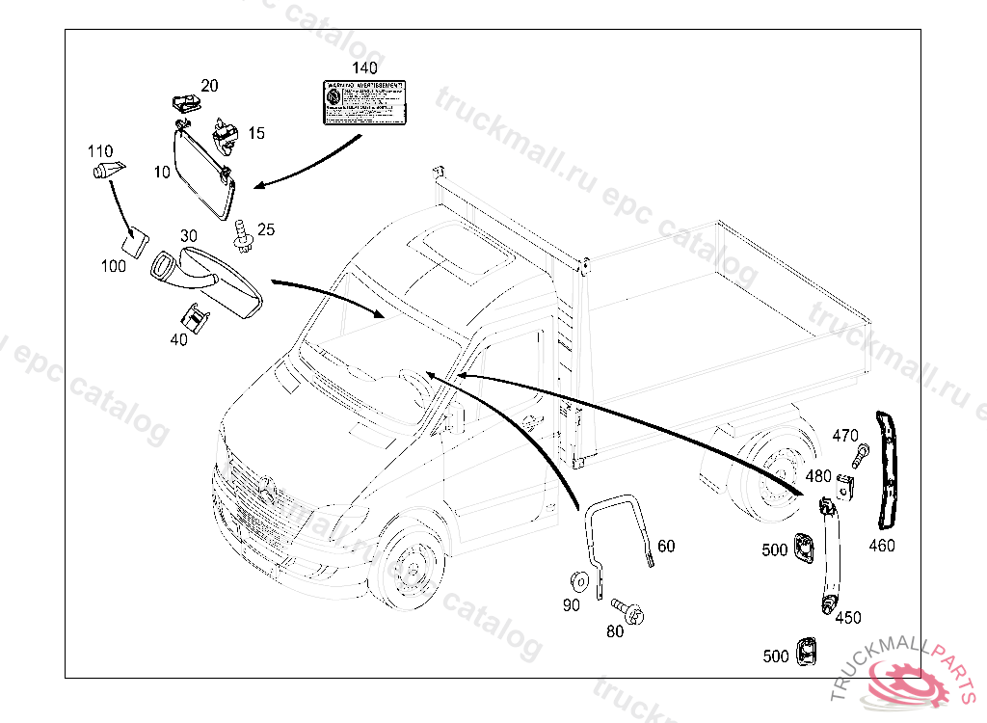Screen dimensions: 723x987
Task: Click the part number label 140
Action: click(x=363, y=68)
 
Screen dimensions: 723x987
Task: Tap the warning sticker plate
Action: click(x=363, y=102)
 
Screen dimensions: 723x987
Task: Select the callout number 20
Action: click(x=209, y=86)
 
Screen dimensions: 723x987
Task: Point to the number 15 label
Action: click(x=256, y=133)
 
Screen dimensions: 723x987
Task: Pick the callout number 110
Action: click(x=100, y=151)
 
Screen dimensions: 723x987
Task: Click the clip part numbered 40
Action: click(x=197, y=315)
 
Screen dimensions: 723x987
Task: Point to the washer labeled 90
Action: click(x=580, y=580)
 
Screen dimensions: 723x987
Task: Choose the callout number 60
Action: click(x=666, y=547)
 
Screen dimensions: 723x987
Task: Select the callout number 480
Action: click(x=818, y=476)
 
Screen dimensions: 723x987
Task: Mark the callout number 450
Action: click(x=848, y=618)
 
